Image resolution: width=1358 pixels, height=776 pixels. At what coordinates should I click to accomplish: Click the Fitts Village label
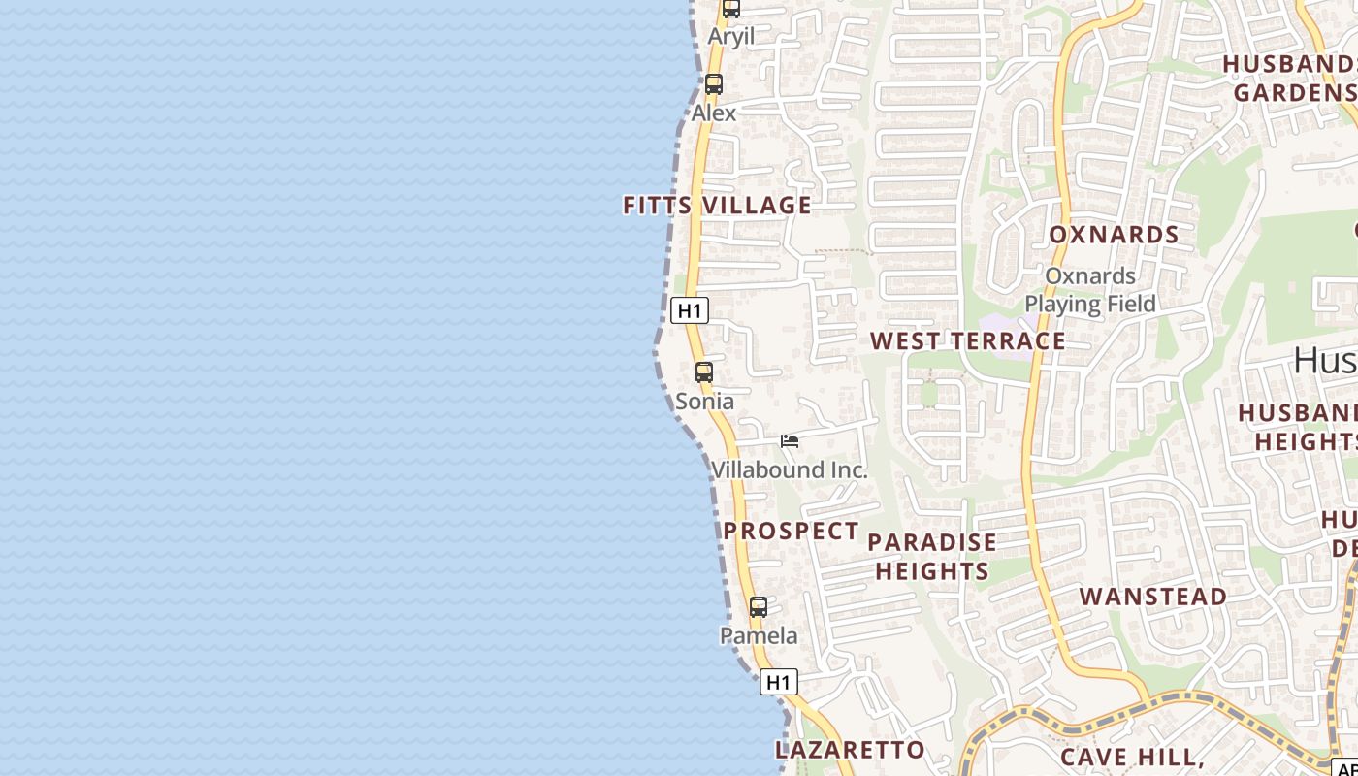(717, 205)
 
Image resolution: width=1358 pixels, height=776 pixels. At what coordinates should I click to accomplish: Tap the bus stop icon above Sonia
(704, 372)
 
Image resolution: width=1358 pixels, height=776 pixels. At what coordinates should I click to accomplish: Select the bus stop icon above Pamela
(759, 607)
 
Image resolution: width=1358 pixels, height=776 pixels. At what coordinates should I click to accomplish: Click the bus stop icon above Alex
(714, 84)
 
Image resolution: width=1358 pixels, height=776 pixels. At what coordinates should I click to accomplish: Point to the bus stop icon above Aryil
(731, 9)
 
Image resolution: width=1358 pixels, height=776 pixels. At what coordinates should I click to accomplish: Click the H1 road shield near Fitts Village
(690, 310)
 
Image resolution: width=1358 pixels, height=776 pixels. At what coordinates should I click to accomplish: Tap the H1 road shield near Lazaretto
(778, 682)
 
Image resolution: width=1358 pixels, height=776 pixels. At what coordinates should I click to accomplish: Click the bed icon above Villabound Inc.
(790, 441)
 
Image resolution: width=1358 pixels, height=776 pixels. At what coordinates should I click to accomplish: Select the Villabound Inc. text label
(790, 470)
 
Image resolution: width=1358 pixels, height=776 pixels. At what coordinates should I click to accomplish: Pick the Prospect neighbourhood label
(792, 532)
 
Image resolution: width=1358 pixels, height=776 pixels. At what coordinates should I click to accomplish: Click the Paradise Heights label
(932, 556)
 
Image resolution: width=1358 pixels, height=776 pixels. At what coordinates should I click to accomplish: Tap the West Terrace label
(968, 341)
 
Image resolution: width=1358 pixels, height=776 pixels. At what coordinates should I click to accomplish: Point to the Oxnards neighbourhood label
(1114, 235)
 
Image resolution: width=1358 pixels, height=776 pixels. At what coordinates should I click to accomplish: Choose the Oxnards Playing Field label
(1090, 290)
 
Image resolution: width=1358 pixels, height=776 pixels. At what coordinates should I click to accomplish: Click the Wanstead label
(1153, 597)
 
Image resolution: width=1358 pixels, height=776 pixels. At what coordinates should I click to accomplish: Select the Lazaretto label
(850, 750)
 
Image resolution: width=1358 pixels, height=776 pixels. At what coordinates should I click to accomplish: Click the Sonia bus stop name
(704, 402)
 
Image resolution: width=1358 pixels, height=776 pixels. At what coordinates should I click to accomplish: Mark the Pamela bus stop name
(759, 636)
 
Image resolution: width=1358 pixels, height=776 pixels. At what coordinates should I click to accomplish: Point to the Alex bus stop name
(714, 113)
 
